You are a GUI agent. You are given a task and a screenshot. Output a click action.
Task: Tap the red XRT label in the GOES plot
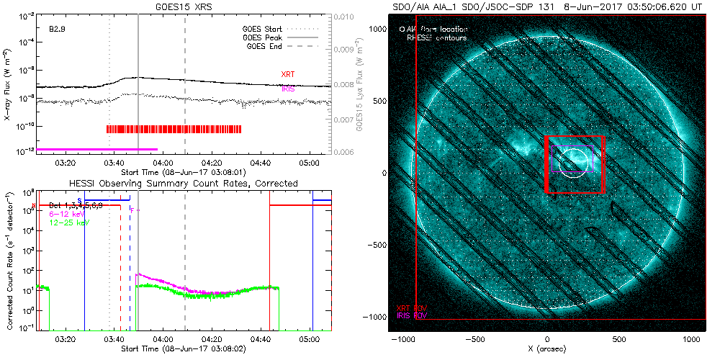pos(287,74)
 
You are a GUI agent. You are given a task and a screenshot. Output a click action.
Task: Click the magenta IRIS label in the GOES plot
pos(287,89)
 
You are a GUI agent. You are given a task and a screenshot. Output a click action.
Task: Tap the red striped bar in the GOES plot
pos(174,129)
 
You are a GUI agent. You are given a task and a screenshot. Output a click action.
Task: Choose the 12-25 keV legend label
pos(65,223)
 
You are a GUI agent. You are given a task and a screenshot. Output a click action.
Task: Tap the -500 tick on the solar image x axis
pos(474,337)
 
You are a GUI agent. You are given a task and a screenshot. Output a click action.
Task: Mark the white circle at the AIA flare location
pos(572,163)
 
